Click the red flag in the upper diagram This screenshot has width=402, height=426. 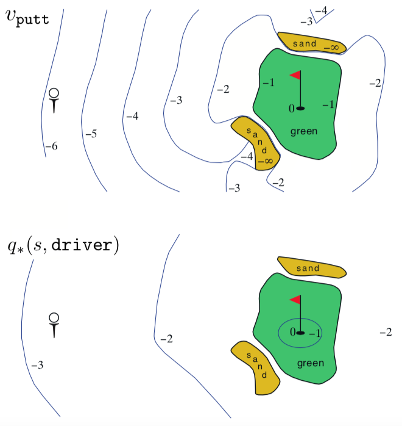[295, 76]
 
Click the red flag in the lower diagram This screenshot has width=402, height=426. [295, 300]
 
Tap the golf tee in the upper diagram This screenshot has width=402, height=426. [54, 100]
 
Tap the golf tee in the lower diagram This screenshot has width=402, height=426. [54, 324]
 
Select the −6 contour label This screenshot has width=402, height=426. [51, 146]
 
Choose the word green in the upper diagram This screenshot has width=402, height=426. [304, 131]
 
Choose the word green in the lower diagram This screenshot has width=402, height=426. [311, 364]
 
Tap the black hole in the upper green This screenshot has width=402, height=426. [300, 108]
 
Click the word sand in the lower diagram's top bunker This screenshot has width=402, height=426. [308, 269]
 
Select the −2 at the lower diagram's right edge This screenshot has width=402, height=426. [385, 333]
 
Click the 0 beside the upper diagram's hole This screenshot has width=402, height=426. [292, 108]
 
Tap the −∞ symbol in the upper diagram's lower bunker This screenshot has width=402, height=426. [266, 161]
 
